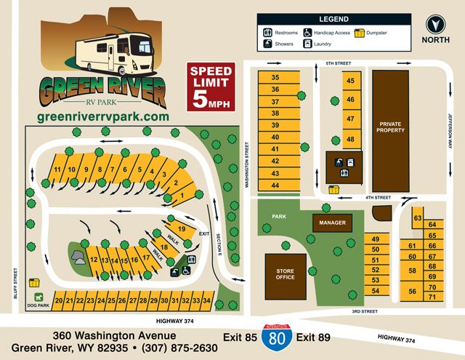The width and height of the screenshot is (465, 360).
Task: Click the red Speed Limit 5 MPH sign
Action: [211, 87]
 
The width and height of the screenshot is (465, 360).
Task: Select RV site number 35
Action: [275, 77]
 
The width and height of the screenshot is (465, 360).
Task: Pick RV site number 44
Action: [275, 185]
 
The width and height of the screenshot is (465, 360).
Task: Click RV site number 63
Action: [418, 218]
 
